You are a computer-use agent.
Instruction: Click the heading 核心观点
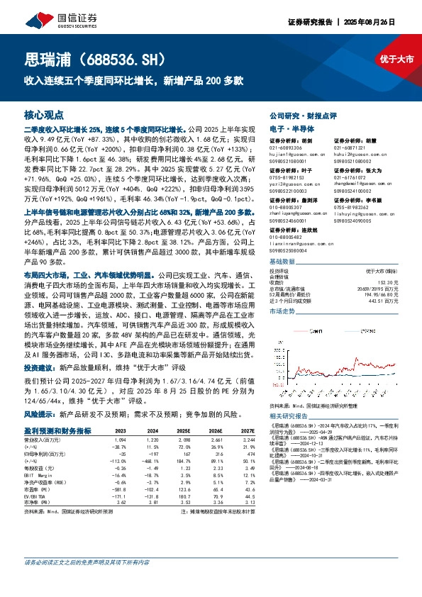tap(44, 114)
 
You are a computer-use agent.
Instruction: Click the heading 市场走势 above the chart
tap(282, 291)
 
